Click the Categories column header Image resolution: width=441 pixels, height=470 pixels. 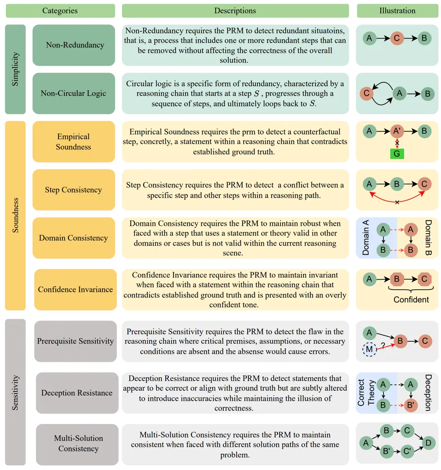pos(60,11)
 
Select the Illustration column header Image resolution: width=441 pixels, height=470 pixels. pos(398,11)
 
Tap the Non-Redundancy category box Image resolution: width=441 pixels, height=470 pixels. pos(74,45)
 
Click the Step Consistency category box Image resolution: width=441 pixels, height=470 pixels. pos(74,190)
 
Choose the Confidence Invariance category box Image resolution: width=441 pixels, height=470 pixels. pos(75,289)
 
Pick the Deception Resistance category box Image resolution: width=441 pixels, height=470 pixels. pos(77,393)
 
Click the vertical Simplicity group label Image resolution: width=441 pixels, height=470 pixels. pos(16,69)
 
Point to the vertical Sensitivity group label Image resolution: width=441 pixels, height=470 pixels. pos(16,392)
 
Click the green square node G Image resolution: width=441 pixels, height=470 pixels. pos(397,153)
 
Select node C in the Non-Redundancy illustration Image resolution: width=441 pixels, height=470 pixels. pos(397,38)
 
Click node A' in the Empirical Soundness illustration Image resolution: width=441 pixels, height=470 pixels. pos(397,132)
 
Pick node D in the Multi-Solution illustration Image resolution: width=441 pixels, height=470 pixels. pos(429,443)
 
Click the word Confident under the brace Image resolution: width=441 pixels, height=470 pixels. pos(411,300)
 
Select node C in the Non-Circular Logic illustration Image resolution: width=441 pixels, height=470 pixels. pos(367,94)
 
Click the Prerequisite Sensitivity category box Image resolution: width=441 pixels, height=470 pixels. pos(75,341)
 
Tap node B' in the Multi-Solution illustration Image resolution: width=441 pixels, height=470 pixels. pos(387,452)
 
